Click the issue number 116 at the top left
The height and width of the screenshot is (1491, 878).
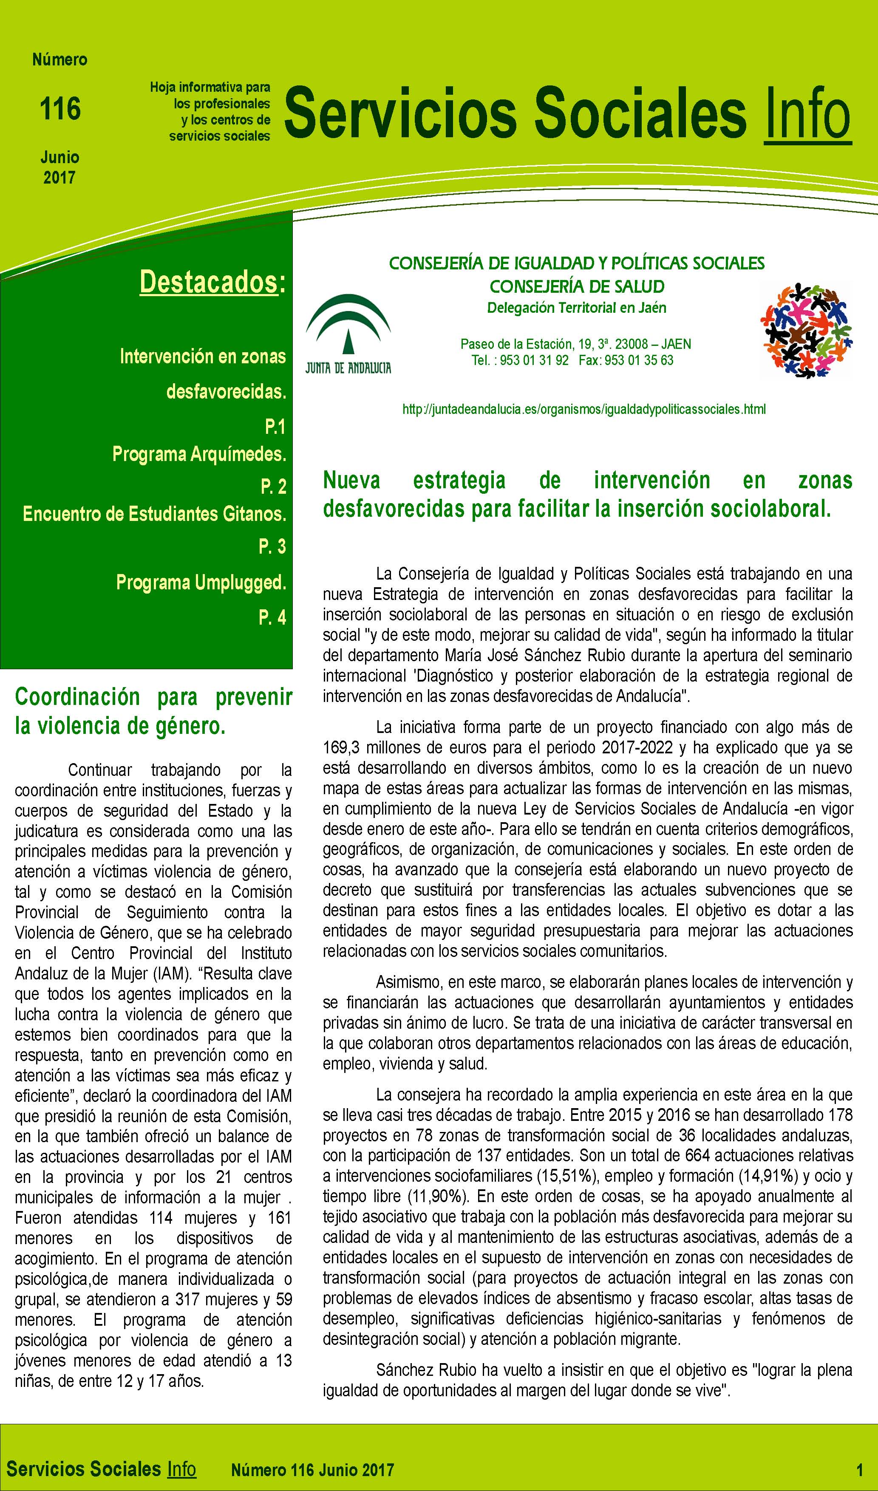tap(60, 110)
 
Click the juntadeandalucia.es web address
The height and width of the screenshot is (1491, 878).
tap(583, 409)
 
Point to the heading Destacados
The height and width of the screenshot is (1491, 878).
tap(209, 282)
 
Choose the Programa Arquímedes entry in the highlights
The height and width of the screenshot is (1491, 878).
tap(199, 454)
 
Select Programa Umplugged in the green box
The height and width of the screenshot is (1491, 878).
tap(201, 583)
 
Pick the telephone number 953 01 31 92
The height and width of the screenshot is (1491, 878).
tap(534, 360)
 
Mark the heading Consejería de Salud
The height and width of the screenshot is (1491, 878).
tap(577, 287)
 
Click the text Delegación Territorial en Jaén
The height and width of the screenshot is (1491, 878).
tap(576, 308)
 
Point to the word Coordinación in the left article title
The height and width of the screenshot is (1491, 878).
tap(77, 697)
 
